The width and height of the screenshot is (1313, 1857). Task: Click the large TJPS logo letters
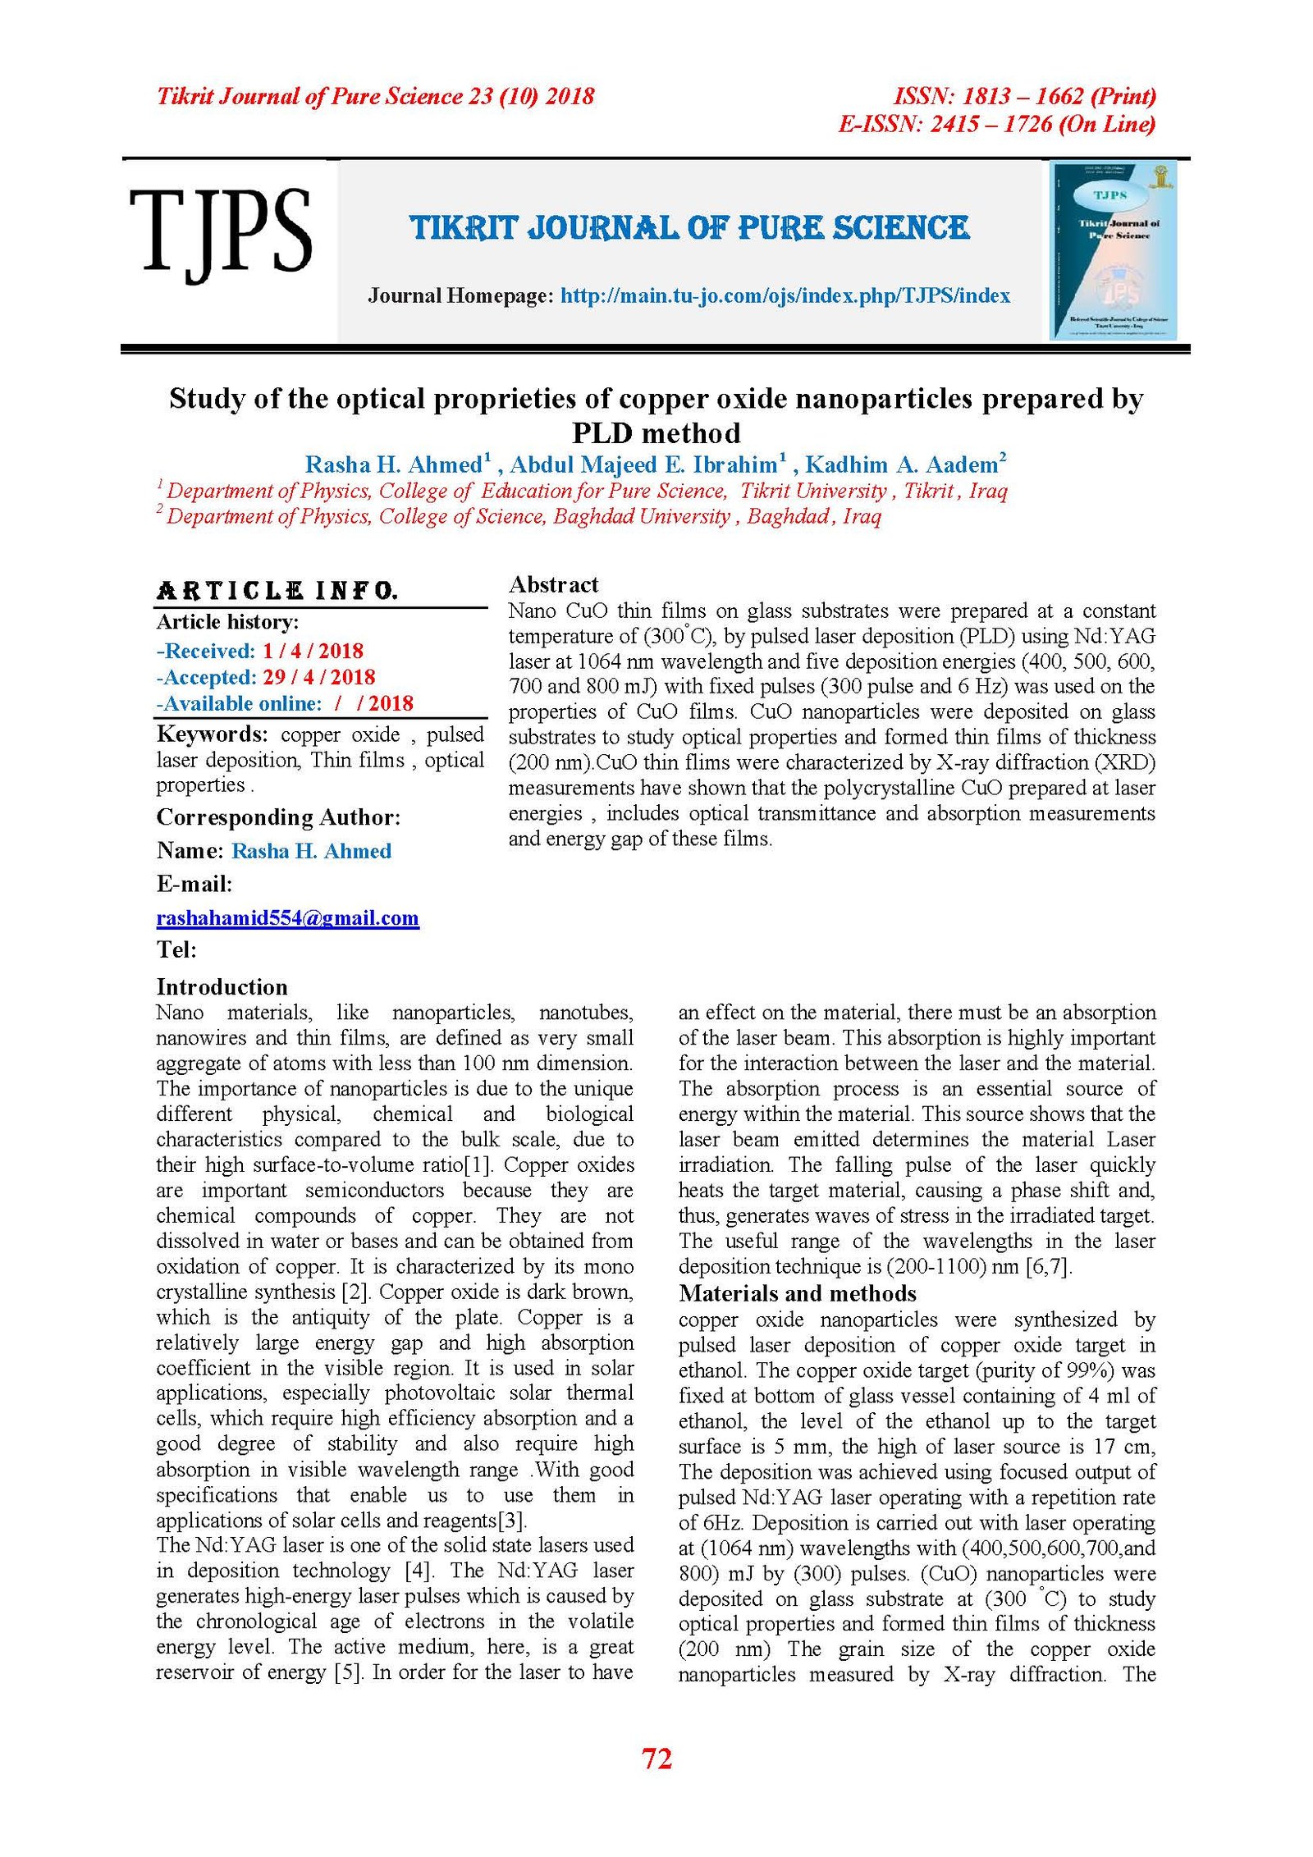point(220,233)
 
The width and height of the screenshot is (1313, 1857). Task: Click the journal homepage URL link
point(785,296)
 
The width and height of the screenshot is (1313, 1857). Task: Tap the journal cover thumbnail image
point(1114,251)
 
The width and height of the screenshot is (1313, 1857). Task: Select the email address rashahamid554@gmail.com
point(287,918)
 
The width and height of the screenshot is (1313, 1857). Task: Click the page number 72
point(656,1759)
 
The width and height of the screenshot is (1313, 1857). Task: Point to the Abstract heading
point(553,585)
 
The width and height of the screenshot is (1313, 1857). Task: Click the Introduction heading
point(222,987)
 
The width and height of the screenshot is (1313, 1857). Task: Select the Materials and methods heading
point(797,1294)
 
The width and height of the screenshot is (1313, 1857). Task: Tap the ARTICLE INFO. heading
point(277,591)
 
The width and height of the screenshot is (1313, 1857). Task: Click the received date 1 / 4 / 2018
point(313,652)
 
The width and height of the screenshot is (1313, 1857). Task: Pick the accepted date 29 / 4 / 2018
point(318,678)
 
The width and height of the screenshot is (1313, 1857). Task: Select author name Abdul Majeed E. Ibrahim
point(643,465)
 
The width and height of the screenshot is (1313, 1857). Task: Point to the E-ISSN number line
point(996,125)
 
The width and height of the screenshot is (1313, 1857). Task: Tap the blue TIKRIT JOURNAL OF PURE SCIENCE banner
point(689,228)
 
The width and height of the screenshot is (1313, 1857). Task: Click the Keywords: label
point(212,734)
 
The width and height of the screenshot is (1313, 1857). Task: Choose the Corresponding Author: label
point(278,817)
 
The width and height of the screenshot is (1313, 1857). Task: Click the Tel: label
point(176,950)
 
